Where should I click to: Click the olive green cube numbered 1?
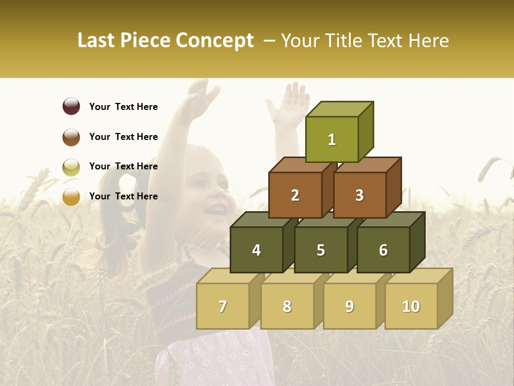coord(332,139)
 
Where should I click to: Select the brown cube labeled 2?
coord(295,195)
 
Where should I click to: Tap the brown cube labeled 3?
coord(359,195)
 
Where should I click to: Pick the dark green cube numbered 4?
coord(256,250)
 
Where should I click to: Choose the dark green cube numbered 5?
coord(321,250)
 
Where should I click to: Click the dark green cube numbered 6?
coord(383,250)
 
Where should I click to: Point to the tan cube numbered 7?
coord(223,306)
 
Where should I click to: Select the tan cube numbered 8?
coord(287,306)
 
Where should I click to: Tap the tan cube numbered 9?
coord(349,306)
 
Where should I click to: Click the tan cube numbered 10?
coord(411,306)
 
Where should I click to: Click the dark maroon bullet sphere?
coord(71,107)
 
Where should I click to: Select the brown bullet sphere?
coord(71,137)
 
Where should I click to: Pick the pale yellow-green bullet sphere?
coord(71,167)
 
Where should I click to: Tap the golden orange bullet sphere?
coord(71,197)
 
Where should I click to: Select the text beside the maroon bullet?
coord(124,107)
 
